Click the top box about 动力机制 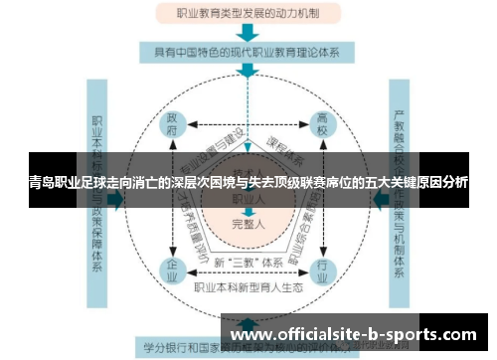(x=248, y=15)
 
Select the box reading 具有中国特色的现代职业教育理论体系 (x=248, y=51)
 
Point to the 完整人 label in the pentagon (x=248, y=224)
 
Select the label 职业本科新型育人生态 (x=248, y=287)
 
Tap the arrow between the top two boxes (x=248, y=33)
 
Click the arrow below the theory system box (x=248, y=71)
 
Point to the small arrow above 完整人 (x=248, y=211)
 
